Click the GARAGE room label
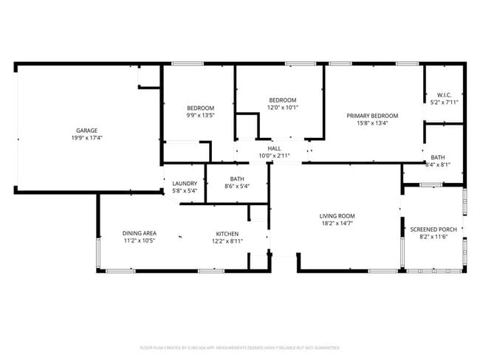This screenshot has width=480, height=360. (x=87, y=131)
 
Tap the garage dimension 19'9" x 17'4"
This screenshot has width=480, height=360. (x=87, y=138)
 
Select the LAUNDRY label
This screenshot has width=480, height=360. (x=184, y=184)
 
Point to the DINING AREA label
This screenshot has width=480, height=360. (x=139, y=234)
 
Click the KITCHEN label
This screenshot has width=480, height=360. (x=227, y=234)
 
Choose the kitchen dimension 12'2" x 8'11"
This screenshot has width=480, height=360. (x=227, y=241)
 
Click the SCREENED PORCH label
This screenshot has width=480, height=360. (x=433, y=229)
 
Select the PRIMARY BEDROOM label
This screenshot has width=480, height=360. (x=373, y=116)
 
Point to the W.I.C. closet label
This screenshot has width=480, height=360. (x=444, y=95)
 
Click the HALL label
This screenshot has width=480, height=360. (x=274, y=148)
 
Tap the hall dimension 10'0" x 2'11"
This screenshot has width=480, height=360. (x=274, y=156)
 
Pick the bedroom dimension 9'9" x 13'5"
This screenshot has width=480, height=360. (x=200, y=115)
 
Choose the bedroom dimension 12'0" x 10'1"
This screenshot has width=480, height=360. (x=282, y=107)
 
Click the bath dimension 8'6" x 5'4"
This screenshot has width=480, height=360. (x=237, y=186)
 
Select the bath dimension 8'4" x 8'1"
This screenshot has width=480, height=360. (x=438, y=165)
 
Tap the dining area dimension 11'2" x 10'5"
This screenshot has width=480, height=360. (x=139, y=241)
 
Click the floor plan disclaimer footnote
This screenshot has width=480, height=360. (x=240, y=347)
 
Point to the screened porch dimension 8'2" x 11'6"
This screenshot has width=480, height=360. (x=433, y=237)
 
